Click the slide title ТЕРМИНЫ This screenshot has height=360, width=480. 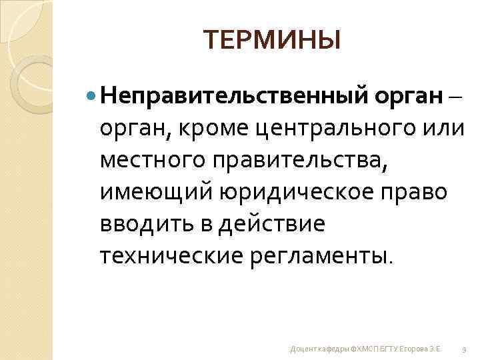272,41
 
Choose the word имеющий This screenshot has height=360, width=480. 155,192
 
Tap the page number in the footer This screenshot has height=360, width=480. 463,349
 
